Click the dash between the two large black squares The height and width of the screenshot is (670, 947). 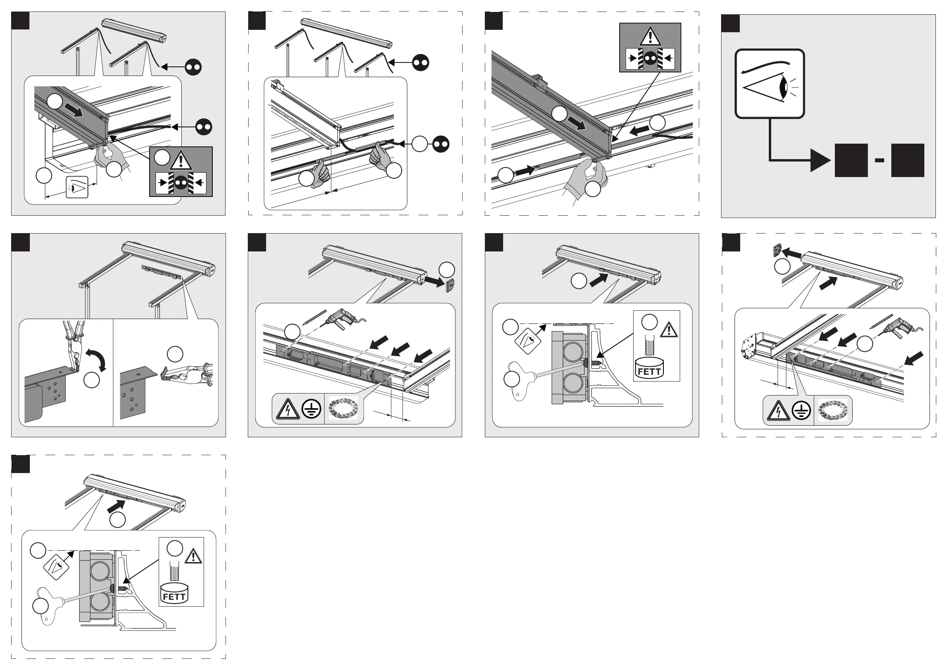[x=879, y=160]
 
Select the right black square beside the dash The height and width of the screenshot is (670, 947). [x=907, y=160]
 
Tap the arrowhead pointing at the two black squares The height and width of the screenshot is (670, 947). [x=820, y=160]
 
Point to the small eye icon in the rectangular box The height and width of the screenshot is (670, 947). [x=77, y=187]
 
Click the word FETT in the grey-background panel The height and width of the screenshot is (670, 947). [x=649, y=371]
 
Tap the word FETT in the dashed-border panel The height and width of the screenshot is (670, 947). [x=174, y=596]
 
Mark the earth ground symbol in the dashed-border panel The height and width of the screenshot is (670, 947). [x=801, y=411]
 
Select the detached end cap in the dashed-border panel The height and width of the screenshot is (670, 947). [x=777, y=251]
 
